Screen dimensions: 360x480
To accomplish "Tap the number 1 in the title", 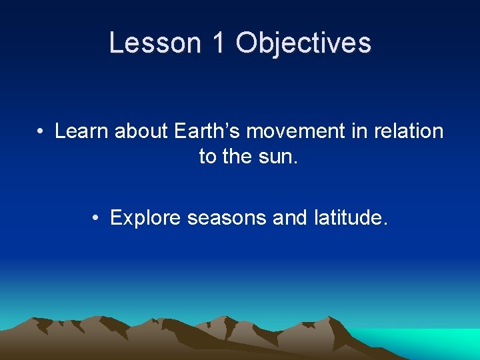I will pos(217,43).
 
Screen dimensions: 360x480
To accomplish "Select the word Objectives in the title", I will pos(303,43).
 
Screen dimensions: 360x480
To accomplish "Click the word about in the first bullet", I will pos(142,131).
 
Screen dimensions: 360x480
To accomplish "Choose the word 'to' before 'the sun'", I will pos(208,157).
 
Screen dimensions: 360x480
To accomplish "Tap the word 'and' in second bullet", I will pos(290,218).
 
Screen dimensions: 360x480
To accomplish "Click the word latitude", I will pos(350,218).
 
